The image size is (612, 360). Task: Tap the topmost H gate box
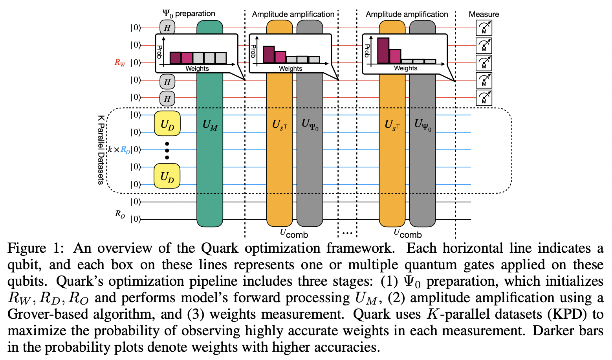167,28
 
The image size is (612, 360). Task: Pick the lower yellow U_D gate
167,176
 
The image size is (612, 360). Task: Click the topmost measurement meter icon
484,28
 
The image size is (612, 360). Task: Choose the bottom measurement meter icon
484,97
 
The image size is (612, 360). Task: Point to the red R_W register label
120,62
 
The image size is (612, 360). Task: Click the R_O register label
120,214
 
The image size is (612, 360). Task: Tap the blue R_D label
125,150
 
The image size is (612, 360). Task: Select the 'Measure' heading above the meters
484,14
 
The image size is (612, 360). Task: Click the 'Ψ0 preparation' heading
189,14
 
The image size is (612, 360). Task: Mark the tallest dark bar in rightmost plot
383,51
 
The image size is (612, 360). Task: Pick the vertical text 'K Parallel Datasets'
101,150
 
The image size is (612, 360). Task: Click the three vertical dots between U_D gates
167,150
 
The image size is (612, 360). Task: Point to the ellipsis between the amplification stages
347,233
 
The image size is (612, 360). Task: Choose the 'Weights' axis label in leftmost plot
197,68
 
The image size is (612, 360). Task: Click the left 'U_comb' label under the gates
294,233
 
